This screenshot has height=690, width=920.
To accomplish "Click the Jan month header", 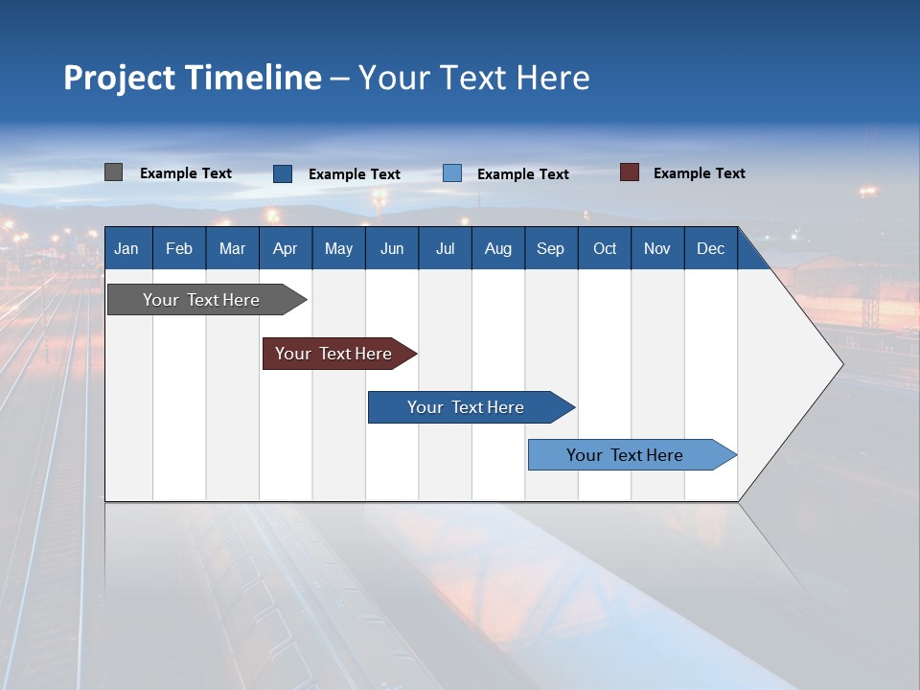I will [126, 248].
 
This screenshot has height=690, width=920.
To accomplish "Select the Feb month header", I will [179, 248].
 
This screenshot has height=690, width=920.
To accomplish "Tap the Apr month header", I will [286, 248].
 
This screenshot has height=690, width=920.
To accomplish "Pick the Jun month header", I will [392, 248].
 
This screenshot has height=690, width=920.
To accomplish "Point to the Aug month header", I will [498, 248].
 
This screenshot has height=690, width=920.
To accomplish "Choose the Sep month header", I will [550, 248].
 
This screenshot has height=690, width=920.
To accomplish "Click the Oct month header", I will [605, 248].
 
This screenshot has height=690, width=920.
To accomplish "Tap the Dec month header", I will [711, 248].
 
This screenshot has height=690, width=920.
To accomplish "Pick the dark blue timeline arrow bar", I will [467, 407].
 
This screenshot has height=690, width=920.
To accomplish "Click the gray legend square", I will [114, 172].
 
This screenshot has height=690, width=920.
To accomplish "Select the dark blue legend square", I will [283, 173].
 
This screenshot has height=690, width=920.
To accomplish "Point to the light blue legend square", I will [452, 173].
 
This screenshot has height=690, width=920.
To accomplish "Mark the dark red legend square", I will [630, 172].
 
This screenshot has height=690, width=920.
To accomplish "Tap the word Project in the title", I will [119, 78].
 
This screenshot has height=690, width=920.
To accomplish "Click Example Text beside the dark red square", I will [699, 173].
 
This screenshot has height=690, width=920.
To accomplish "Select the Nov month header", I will [657, 248].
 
